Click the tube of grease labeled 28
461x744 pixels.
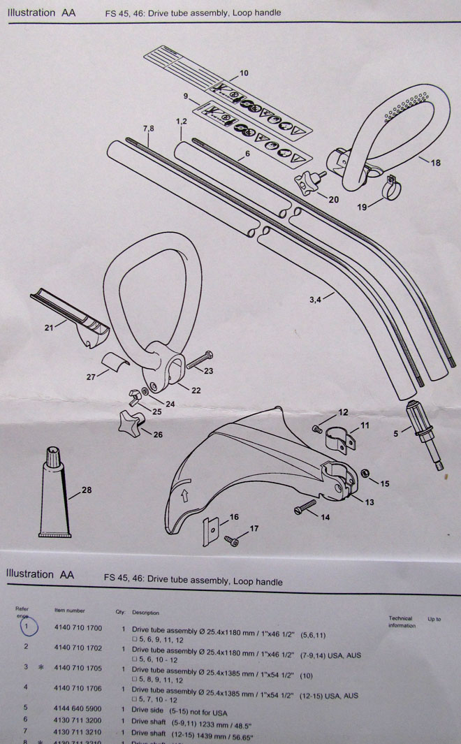(54, 493)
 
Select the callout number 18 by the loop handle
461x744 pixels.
(435, 163)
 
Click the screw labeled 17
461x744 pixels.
(231, 540)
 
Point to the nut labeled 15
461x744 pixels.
(365, 475)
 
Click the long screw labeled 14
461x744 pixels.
(306, 507)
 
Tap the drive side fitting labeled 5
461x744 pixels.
(423, 437)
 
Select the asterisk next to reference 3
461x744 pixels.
(41, 667)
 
